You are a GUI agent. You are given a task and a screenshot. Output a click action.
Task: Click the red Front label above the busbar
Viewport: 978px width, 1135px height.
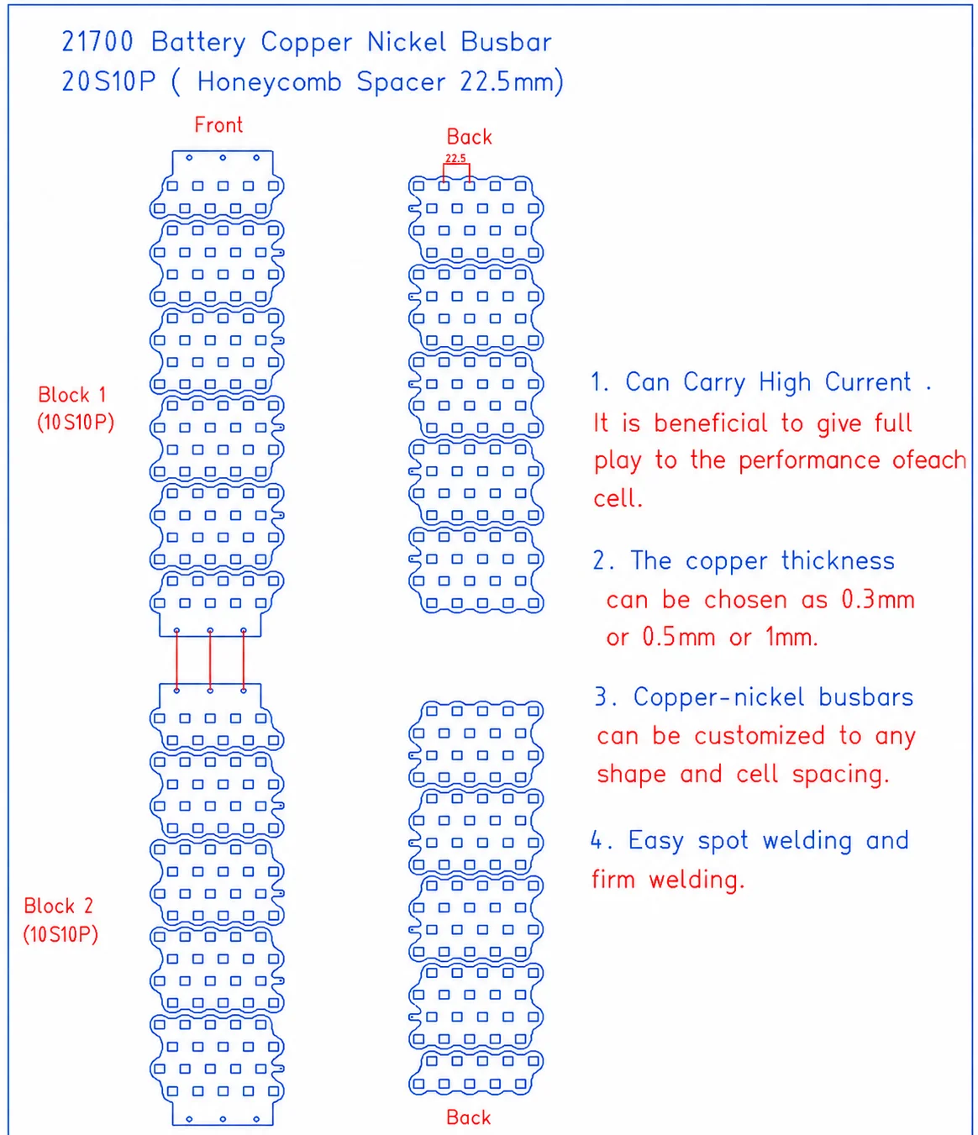218,125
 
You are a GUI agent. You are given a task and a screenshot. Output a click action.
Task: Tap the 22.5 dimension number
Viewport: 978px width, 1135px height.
455,158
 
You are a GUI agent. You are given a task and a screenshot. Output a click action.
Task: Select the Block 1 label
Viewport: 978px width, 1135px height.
72,395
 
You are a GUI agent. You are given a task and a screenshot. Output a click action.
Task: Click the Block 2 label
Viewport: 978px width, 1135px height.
58,906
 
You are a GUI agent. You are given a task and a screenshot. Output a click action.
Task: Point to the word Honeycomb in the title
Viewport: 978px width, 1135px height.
269,82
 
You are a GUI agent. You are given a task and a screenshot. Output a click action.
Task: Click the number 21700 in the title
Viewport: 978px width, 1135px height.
97,42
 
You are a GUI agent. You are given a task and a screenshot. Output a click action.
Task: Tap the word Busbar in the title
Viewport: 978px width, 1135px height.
506,42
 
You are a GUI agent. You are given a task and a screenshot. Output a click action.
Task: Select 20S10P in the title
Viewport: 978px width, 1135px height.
108,81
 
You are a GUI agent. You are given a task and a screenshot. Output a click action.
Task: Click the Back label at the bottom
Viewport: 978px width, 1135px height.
468,1117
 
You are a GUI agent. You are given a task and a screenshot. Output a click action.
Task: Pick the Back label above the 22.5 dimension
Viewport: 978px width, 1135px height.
469,137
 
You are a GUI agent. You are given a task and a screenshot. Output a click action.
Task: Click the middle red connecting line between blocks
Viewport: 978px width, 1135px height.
210,660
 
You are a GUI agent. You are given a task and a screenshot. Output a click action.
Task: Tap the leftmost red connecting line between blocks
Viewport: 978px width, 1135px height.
176,660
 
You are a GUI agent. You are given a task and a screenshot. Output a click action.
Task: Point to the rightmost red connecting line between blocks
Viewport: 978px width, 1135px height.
244,660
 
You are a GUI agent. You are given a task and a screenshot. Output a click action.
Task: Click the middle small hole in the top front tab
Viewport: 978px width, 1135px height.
223,158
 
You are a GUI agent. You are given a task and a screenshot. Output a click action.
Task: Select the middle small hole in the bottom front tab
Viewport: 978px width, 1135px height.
223,1119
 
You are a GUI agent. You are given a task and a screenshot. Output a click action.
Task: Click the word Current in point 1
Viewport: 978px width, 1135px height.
868,382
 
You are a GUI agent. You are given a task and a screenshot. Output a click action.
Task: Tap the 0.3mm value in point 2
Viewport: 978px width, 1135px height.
878,600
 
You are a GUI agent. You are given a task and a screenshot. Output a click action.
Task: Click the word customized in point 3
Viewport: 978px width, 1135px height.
760,736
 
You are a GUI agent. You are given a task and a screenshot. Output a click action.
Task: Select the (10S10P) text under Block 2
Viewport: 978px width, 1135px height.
60,934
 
